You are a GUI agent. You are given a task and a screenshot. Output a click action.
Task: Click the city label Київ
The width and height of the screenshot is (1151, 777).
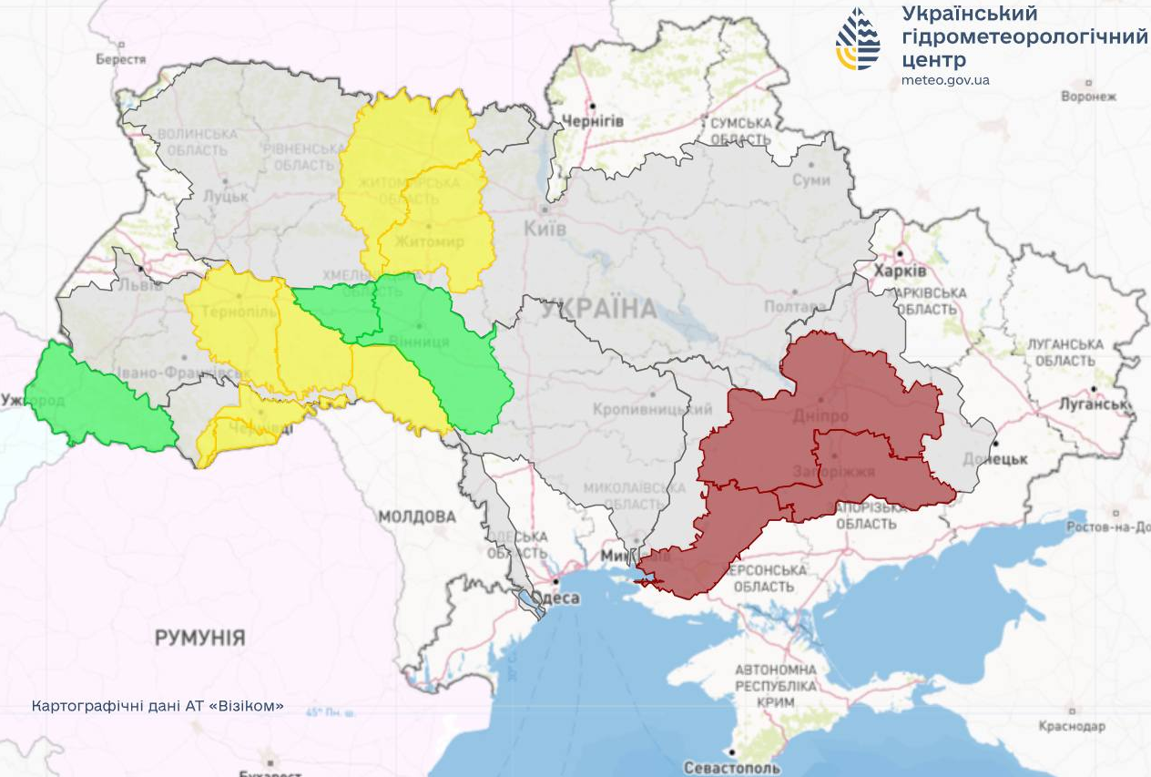coord(545,229)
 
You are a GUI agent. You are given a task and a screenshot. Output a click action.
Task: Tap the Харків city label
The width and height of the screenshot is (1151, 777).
coord(900,272)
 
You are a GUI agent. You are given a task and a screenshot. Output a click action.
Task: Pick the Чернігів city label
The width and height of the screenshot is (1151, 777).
coord(593,121)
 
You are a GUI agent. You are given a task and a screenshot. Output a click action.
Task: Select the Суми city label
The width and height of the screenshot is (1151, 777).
coord(810,180)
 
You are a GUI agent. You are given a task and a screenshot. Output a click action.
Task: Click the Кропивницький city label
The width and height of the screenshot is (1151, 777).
coord(653,411)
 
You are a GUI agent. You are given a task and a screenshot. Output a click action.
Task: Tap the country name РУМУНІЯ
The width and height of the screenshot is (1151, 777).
coord(199,638)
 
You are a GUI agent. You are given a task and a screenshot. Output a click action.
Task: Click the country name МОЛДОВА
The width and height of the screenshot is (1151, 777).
coord(417,517)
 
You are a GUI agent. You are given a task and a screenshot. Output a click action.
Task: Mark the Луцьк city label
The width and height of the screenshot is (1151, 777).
coord(225,196)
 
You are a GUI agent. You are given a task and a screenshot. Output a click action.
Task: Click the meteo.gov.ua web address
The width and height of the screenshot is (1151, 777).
coord(945,80)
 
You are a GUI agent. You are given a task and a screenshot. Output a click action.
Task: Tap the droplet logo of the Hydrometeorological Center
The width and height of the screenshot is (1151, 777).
coord(858,39)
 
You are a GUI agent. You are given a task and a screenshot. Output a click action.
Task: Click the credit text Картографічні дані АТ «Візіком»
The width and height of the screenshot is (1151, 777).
coord(158,706)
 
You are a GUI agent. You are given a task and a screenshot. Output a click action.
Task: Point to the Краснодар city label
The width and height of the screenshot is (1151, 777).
coord(1072,726)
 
